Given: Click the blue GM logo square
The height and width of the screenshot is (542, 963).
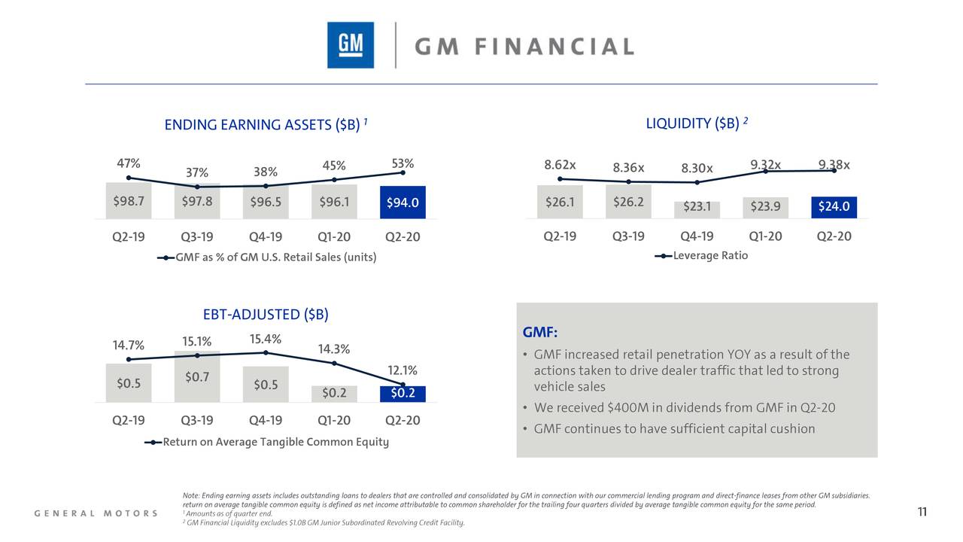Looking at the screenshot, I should [350, 45].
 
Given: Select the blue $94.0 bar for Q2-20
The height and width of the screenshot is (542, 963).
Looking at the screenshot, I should [403, 202].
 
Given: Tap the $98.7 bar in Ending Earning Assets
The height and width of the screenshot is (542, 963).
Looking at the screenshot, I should [128, 201].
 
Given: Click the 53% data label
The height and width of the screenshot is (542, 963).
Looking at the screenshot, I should [403, 163].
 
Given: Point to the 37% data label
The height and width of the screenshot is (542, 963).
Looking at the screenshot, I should [197, 174].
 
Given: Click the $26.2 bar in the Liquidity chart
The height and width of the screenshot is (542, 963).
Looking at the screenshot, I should [628, 202].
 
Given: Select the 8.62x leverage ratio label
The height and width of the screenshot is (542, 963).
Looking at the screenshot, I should [560, 165].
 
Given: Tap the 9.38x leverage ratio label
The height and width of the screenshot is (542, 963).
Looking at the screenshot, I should [834, 165].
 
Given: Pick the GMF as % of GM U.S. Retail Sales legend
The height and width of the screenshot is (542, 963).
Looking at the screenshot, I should [267, 257].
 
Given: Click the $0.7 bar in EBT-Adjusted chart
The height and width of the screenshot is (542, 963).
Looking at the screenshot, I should [197, 376].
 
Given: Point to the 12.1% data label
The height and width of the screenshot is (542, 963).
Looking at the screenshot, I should [403, 370].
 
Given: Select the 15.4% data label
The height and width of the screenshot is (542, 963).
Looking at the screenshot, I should [266, 339].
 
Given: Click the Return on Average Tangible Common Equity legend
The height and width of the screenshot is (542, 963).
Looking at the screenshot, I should [267, 442].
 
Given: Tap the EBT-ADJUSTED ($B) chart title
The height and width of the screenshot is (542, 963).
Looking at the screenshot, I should [266, 315].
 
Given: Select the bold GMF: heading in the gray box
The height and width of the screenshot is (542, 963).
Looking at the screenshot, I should [539, 333].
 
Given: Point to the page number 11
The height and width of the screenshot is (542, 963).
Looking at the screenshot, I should [922, 513].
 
